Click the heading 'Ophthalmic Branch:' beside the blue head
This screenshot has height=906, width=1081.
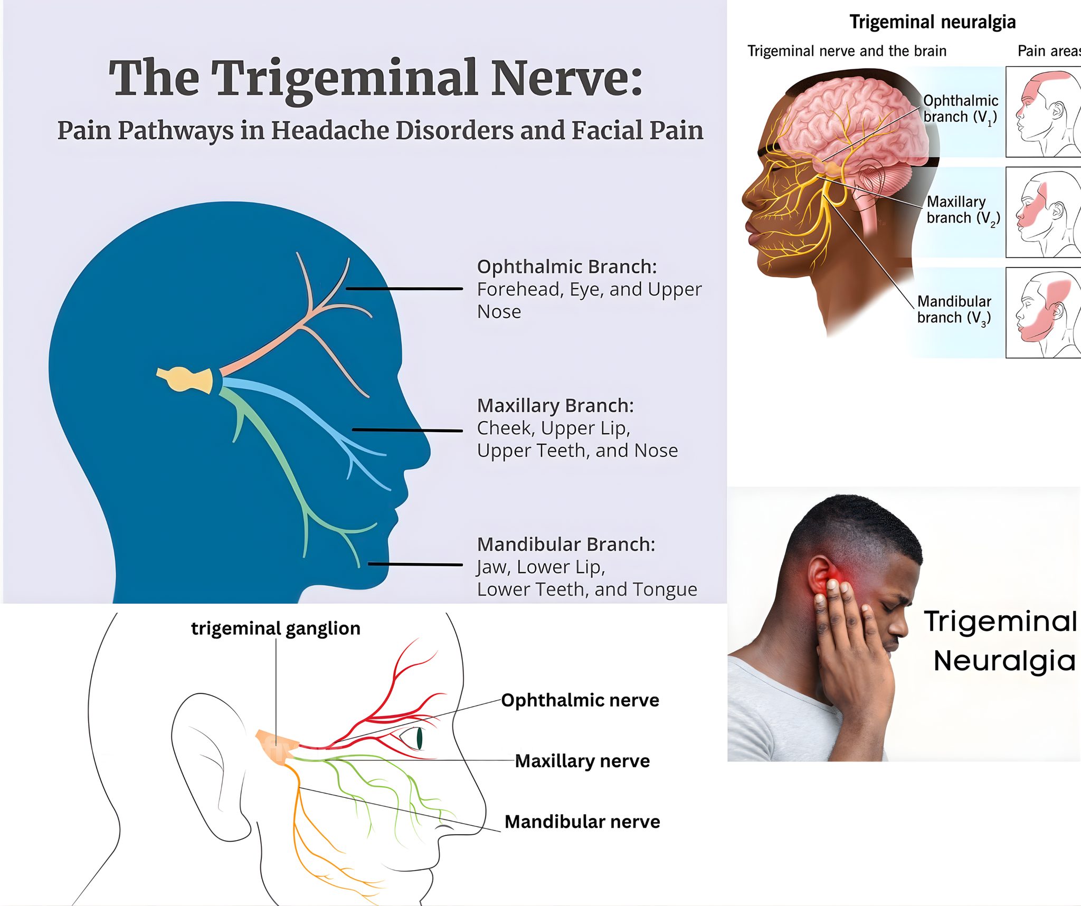pos(567,266)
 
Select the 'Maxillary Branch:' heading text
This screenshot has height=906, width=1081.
pos(555,405)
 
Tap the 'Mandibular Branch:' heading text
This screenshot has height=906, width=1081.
pos(566,544)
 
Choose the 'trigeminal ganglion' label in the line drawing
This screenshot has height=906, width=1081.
pos(276,628)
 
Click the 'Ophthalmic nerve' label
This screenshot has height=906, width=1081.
pos(580,700)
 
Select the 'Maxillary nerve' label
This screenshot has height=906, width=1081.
pos(582,761)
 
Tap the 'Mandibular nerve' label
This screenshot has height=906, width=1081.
pos(582,822)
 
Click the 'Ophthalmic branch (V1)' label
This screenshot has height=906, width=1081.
pos(960,109)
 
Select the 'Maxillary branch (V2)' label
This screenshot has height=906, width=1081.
pos(963,210)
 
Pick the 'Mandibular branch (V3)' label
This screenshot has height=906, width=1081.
pos(954,310)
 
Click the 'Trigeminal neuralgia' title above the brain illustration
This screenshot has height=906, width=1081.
pos(933,22)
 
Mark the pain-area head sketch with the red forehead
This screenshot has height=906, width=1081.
pos(1043,111)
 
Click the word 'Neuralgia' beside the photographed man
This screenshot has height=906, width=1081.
pos(1004,661)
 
